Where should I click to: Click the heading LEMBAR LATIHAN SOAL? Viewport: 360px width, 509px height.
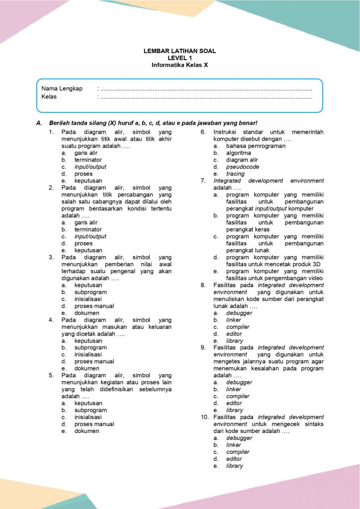coord(180,51)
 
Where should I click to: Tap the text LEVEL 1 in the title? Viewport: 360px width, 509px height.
coord(180,58)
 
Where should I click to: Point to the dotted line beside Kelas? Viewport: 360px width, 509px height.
coord(206,97)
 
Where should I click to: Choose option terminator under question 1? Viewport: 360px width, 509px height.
coord(88,160)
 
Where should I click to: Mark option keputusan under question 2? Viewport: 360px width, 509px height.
coord(89,251)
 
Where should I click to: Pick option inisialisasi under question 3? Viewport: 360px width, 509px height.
coord(88,299)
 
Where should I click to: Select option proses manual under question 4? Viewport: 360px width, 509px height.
coord(94,361)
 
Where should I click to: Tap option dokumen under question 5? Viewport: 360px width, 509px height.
coord(87,431)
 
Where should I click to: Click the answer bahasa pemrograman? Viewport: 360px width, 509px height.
coord(256,146)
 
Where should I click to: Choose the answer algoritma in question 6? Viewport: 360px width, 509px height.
coord(239,153)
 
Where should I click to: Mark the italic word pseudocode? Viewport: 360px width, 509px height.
coord(242,167)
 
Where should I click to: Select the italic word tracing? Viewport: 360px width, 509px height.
coord(235,174)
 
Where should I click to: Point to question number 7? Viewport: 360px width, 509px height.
coord(203,181)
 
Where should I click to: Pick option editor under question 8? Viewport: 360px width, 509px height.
coord(234,334)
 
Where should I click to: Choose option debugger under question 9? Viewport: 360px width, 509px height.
coord(239,382)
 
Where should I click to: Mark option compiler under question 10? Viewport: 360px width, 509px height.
coord(238,452)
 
